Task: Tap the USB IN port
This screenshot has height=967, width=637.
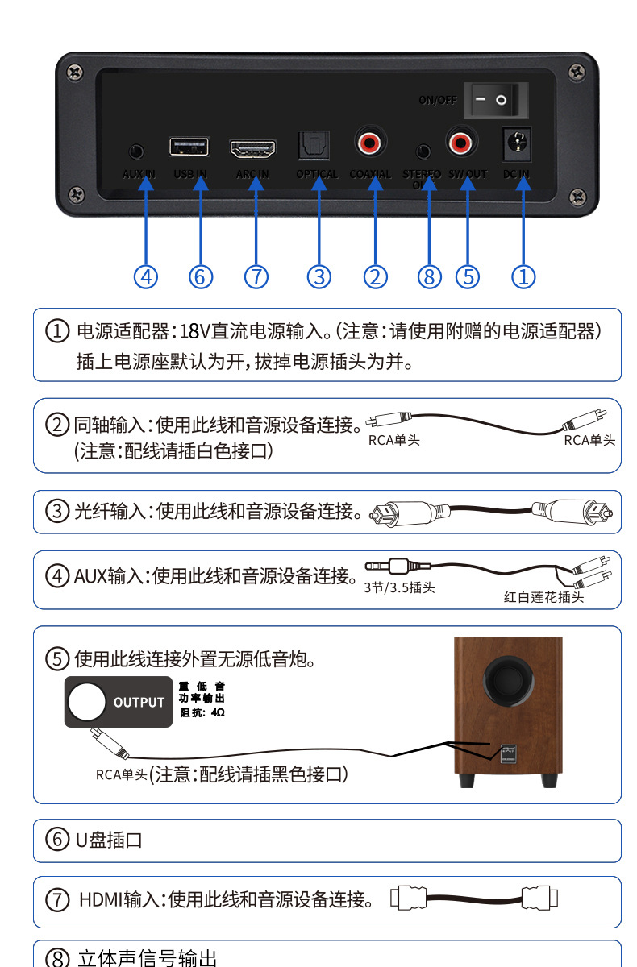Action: (x=189, y=147)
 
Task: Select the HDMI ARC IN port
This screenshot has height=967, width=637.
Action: (x=252, y=148)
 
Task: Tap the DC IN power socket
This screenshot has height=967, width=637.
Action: (x=515, y=145)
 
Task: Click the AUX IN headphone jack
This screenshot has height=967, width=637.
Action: (x=138, y=151)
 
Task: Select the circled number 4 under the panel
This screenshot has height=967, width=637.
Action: (x=145, y=276)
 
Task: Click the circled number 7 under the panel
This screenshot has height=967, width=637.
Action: (x=256, y=276)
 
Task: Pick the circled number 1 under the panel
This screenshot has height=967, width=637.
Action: (x=523, y=276)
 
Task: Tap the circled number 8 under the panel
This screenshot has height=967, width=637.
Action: (x=430, y=276)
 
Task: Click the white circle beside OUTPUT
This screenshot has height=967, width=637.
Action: (x=86, y=702)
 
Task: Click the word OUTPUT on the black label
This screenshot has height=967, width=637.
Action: (x=139, y=703)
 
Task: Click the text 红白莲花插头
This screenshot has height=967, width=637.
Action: (x=543, y=597)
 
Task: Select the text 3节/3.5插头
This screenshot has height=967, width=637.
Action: (x=399, y=587)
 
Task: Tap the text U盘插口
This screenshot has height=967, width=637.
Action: (x=109, y=840)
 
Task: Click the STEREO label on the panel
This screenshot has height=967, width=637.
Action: (x=422, y=173)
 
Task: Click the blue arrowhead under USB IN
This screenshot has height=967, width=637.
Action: (x=201, y=184)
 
